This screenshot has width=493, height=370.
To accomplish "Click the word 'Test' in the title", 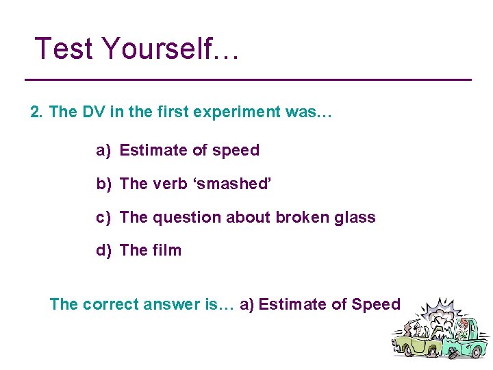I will (x=64, y=49).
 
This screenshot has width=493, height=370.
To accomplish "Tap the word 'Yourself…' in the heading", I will (x=170, y=49).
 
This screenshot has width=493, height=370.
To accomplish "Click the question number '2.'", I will (x=37, y=112).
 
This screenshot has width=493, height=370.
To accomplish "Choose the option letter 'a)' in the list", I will (x=103, y=151).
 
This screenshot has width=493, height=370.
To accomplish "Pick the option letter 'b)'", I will (x=103, y=184).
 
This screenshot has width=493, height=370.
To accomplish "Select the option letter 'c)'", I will (x=103, y=217).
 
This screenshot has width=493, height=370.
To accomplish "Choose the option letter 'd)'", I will (x=103, y=250).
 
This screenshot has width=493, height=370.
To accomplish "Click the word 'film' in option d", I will (x=168, y=250).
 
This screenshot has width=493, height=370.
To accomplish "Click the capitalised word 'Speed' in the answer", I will (x=375, y=304).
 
